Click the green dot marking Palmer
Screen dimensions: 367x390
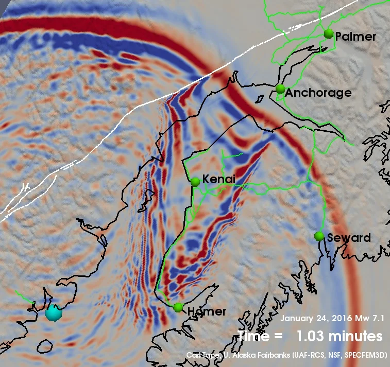click(x=329, y=34)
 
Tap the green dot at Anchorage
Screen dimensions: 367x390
click(x=280, y=89)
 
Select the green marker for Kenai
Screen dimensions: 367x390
click(x=195, y=182)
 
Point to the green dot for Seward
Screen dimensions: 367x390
click(x=319, y=236)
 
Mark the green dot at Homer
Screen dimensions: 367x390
click(x=178, y=307)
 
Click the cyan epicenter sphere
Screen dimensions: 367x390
click(x=53, y=312)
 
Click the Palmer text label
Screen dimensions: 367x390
click(x=355, y=37)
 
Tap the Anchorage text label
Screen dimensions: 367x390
click(x=318, y=93)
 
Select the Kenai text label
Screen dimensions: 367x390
click(x=219, y=179)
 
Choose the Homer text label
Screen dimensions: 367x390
click(x=207, y=311)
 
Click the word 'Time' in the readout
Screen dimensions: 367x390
click(x=253, y=336)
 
